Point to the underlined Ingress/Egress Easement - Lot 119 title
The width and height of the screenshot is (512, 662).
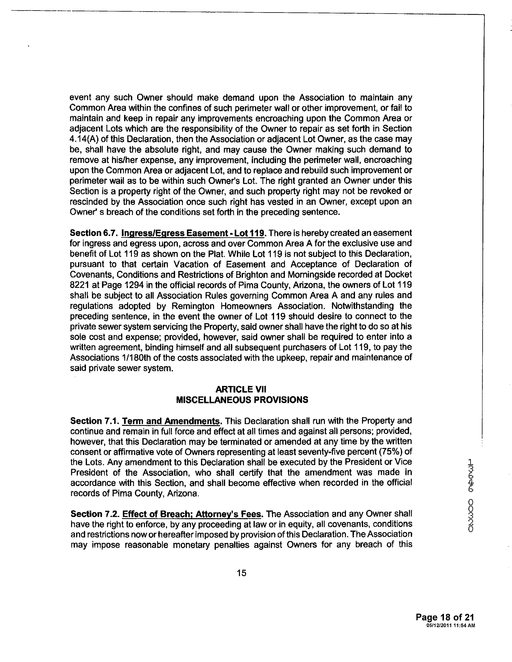pyautogui.click(x=194, y=233)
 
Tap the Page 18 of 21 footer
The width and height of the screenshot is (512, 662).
pyautogui.click(x=445, y=617)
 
